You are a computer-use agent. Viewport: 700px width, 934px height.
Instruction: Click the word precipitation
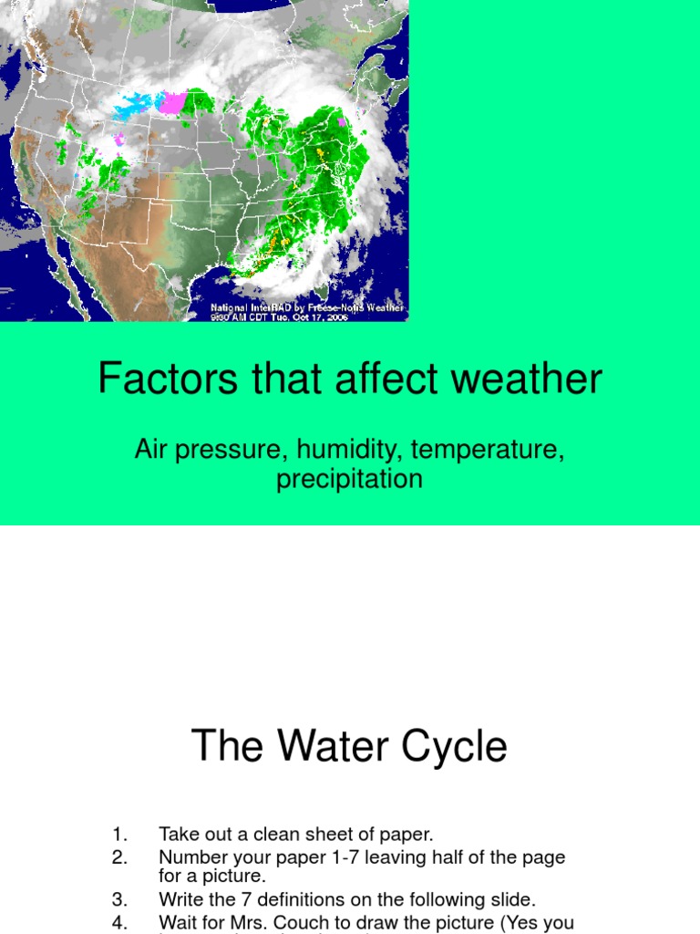[x=350, y=479]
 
